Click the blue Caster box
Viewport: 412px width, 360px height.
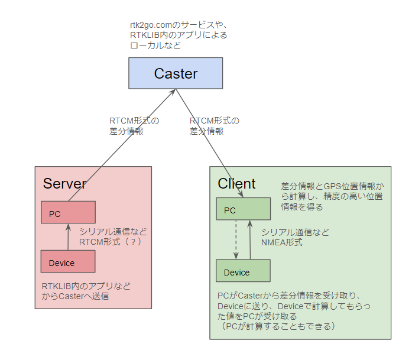[x=176, y=73]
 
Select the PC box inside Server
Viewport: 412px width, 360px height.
[x=68, y=213]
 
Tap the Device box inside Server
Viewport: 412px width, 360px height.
[x=68, y=262]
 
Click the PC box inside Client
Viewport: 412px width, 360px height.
[x=243, y=209]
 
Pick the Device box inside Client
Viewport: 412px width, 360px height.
[x=243, y=271]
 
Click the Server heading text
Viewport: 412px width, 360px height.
[x=64, y=183]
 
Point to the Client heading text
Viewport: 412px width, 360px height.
[x=236, y=183]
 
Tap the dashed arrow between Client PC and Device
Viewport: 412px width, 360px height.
[x=236, y=240]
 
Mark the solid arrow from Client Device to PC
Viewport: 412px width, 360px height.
[x=250, y=240]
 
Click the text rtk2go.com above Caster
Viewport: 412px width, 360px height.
[x=151, y=25]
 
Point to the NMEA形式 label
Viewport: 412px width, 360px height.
[x=281, y=242]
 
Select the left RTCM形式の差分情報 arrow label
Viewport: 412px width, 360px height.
[x=134, y=126]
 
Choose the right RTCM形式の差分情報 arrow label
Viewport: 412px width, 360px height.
[x=214, y=126]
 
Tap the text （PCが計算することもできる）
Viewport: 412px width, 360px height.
[x=277, y=326]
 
